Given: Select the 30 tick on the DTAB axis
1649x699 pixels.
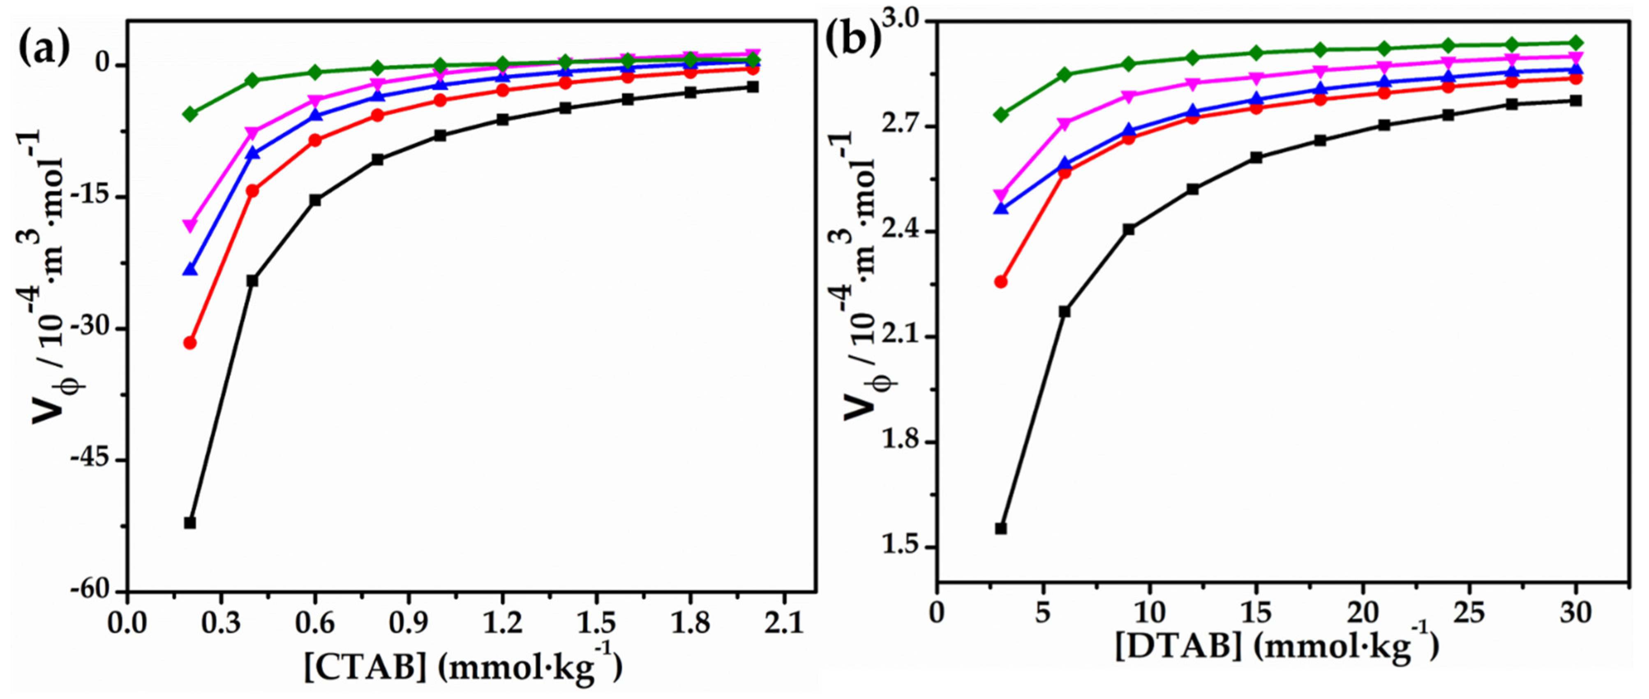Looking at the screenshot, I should (1575, 613).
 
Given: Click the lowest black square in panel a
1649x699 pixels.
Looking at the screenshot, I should (189, 522).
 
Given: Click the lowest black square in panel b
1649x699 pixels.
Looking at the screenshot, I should (1000, 528).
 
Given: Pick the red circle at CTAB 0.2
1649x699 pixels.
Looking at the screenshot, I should (189, 343).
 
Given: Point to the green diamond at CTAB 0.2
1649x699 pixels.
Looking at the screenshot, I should (189, 114).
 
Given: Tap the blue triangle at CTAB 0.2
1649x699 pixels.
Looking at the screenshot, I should (189, 269).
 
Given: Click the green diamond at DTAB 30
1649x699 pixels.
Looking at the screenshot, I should (1576, 43).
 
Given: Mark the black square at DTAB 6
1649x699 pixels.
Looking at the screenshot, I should (1065, 312).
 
